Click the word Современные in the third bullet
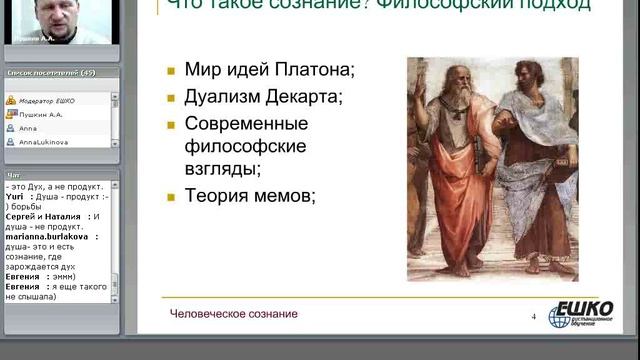click(x=246, y=123)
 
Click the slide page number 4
click(x=534, y=318)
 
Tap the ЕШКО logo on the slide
click(x=584, y=311)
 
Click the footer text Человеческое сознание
click(x=233, y=314)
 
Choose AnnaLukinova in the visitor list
click(x=40, y=143)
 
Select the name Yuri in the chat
click(x=14, y=197)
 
